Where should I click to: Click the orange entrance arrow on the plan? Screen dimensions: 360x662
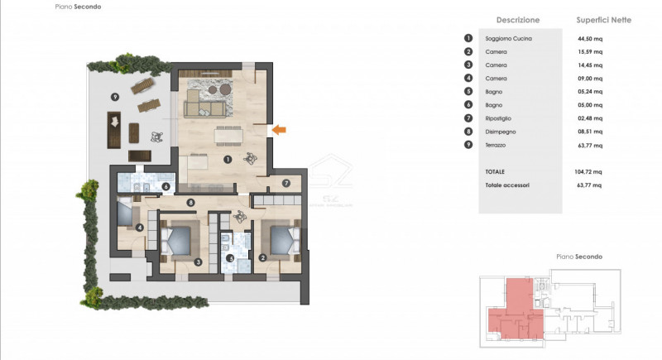point(280,128)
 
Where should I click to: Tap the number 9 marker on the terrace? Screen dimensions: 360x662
point(115,97)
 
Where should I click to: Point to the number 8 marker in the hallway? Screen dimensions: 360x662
point(190,203)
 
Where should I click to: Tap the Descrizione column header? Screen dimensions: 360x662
point(518,19)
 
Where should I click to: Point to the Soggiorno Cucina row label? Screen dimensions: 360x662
point(509,38)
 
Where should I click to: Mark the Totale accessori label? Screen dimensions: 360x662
point(507,185)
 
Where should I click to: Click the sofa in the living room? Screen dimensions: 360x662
point(207,105)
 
